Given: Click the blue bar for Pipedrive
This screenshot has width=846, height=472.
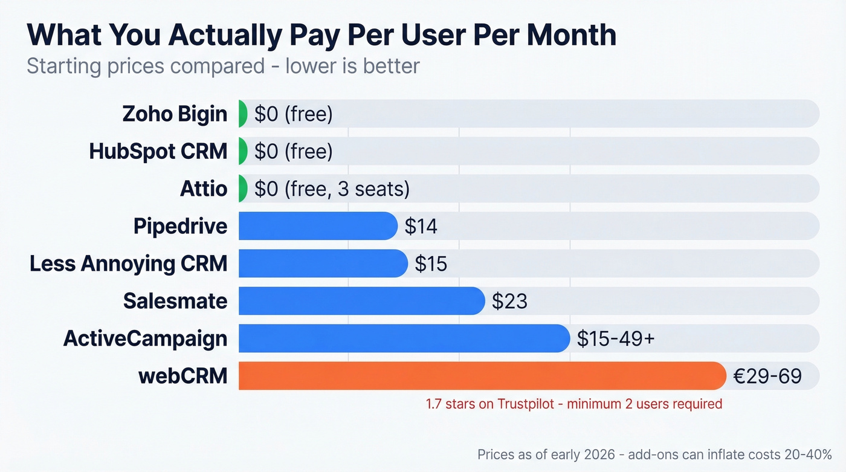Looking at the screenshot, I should tap(318, 226).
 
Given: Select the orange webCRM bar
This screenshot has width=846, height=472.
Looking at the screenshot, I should tap(482, 376).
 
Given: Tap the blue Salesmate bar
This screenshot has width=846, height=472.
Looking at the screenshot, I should tap(361, 301).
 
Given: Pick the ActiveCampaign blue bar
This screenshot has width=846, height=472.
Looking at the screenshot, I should tap(404, 338).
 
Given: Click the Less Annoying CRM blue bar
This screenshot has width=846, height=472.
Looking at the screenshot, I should tap(323, 263).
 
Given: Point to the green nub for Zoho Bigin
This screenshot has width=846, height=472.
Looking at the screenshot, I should tap(243, 114).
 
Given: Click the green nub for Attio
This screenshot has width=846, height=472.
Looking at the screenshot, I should tap(243, 189).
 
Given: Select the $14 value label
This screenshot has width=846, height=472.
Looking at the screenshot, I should tap(421, 227).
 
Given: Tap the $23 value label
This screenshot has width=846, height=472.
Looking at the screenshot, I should tap(509, 302).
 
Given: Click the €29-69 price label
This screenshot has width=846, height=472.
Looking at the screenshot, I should tap(767, 377).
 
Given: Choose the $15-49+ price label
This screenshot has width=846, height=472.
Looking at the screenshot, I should tap(615, 339).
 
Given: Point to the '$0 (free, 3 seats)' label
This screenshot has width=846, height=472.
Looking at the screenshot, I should tap(332, 189).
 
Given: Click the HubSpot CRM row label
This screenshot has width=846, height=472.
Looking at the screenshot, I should tap(158, 151).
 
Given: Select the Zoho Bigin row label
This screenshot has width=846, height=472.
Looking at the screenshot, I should tap(175, 114).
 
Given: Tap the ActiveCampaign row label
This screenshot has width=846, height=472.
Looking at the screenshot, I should tap(145, 338).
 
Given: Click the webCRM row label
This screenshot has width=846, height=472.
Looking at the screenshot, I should tap(182, 376).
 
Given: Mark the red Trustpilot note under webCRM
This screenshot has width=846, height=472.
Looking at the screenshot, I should tap(573, 404).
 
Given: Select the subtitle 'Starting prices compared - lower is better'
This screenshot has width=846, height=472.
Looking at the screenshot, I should tap(223, 65).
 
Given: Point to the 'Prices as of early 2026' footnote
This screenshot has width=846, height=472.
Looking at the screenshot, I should tap(654, 454).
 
